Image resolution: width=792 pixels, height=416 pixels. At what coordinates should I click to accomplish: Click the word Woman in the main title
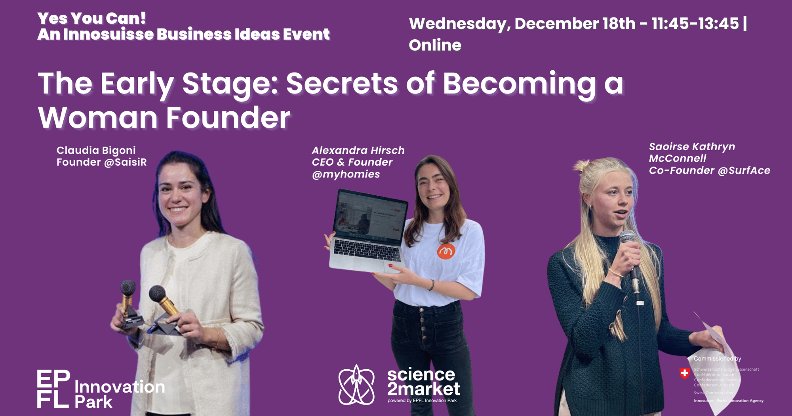[x=97, y=118]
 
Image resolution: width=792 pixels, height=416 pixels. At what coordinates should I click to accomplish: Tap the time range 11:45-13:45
[x=695, y=24]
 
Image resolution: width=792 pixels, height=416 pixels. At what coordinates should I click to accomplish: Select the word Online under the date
[x=435, y=45]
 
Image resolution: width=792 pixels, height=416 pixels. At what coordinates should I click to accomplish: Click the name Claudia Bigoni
[x=96, y=151]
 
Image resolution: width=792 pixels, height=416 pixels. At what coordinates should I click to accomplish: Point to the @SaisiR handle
[x=125, y=162]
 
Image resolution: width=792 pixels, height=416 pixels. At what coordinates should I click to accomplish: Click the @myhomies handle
[x=346, y=174]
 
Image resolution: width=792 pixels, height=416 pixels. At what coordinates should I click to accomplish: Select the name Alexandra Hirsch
[x=358, y=151]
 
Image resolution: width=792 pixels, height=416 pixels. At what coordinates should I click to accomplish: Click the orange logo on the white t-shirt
[x=446, y=251]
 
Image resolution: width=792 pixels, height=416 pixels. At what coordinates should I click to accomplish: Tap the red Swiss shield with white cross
[x=684, y=373]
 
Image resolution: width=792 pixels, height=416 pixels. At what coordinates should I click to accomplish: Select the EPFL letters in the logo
[x=53, y=389]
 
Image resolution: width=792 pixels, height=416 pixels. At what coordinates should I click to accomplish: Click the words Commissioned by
[x=717, y=359]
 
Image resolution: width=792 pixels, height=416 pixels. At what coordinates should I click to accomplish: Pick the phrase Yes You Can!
[x=91, y=18]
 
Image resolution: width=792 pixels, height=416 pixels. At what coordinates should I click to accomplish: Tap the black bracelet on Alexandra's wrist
[x=432, y=285]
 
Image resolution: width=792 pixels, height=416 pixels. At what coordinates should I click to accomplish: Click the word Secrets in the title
[x=342, y=84]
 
